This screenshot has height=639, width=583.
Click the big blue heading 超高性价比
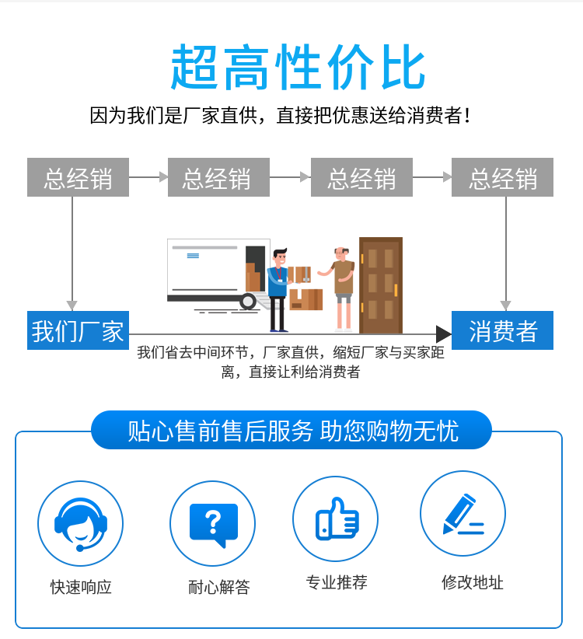(298, 67)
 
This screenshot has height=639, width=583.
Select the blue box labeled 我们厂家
(78, 330)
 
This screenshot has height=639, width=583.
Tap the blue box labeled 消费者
(502, 330)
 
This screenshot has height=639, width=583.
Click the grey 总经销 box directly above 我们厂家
(78, 177)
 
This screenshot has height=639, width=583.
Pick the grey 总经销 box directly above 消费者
(502, 177)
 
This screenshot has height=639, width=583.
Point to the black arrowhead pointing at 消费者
(444, 334)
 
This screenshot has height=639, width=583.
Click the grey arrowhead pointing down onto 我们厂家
(72, 306)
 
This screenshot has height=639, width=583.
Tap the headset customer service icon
(81, 524)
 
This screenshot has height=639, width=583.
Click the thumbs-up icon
(337, 519)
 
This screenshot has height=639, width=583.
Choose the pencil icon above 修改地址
(463, 515)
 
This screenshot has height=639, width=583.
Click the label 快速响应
(81, 587)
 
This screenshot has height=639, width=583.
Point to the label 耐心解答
(218, 587)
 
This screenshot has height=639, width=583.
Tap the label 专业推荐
(337, 582)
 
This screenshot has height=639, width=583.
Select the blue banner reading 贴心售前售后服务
(291, 431)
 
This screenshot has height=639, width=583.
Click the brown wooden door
(381, 285)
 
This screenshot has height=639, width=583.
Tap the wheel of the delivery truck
(248, 302)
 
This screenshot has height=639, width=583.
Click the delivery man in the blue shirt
(278, 290)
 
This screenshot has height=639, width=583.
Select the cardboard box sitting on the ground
(306, 299)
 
